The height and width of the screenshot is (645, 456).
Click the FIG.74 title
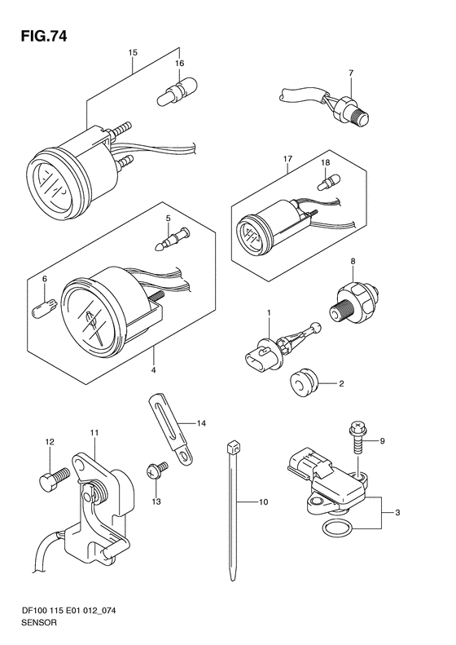pos(43,36)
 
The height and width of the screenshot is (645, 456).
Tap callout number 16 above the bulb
pos(179,63)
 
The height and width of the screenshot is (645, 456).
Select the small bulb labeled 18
pos(329,182)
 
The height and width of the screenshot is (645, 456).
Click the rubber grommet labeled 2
pos(304,382)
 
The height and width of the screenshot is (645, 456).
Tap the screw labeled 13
pos(156,470)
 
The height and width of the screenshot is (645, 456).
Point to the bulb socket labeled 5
pos(173,240)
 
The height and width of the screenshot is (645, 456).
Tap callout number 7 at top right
pos(351,73)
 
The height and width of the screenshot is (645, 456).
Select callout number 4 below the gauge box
pos(153,371)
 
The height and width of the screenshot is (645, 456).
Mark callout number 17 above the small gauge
pos(287,158)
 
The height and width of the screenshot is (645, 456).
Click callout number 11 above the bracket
pos(94,433)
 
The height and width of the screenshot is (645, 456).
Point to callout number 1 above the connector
pos(269,313)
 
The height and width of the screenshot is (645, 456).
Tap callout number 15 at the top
pos(132,53)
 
